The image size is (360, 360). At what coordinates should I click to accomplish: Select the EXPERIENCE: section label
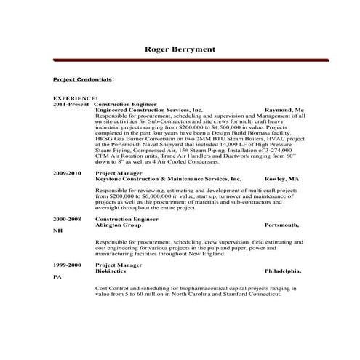point(75,98)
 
